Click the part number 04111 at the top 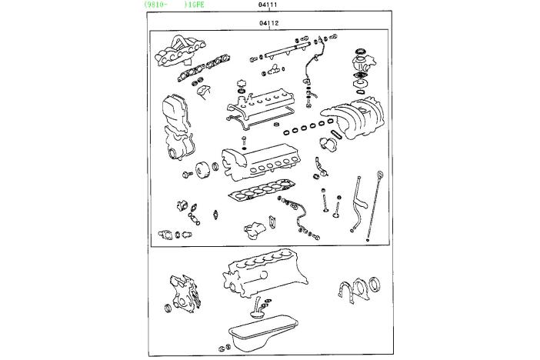(268, 5)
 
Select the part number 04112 (269, 23)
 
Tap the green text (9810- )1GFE (175, 5)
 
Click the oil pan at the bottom (263, 333)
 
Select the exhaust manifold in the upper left (180, 51)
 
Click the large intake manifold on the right (355, 117)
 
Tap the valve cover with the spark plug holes (262, 103)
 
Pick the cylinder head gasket (262, 190)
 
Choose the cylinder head (260, 162)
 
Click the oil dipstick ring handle (380, 175)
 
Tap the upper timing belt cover (175, 112)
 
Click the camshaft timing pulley (203, 171)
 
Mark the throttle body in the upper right (362, 63)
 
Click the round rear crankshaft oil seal (375, 285)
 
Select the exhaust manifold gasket (204, 68)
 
